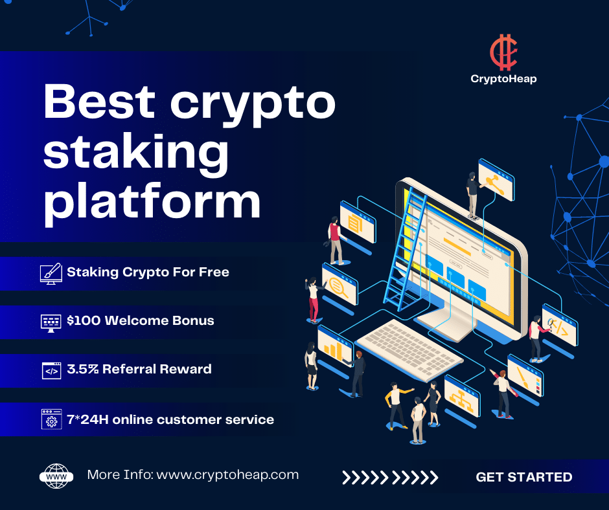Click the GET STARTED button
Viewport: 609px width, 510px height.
pos(523,478)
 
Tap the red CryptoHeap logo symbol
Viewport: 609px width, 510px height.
pos(503,54)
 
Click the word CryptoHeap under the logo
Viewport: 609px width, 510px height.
pos(503,79)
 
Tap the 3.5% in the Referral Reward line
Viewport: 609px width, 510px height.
pos(84,370)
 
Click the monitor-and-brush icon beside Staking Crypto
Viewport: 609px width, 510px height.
pos(51,273)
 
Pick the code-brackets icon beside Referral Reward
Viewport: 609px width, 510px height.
pos(51,370)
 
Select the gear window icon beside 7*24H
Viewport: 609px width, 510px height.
pos(51,419)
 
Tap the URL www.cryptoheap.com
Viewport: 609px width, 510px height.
pos(227,474)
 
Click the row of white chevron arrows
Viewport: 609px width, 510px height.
pos(390,478)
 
